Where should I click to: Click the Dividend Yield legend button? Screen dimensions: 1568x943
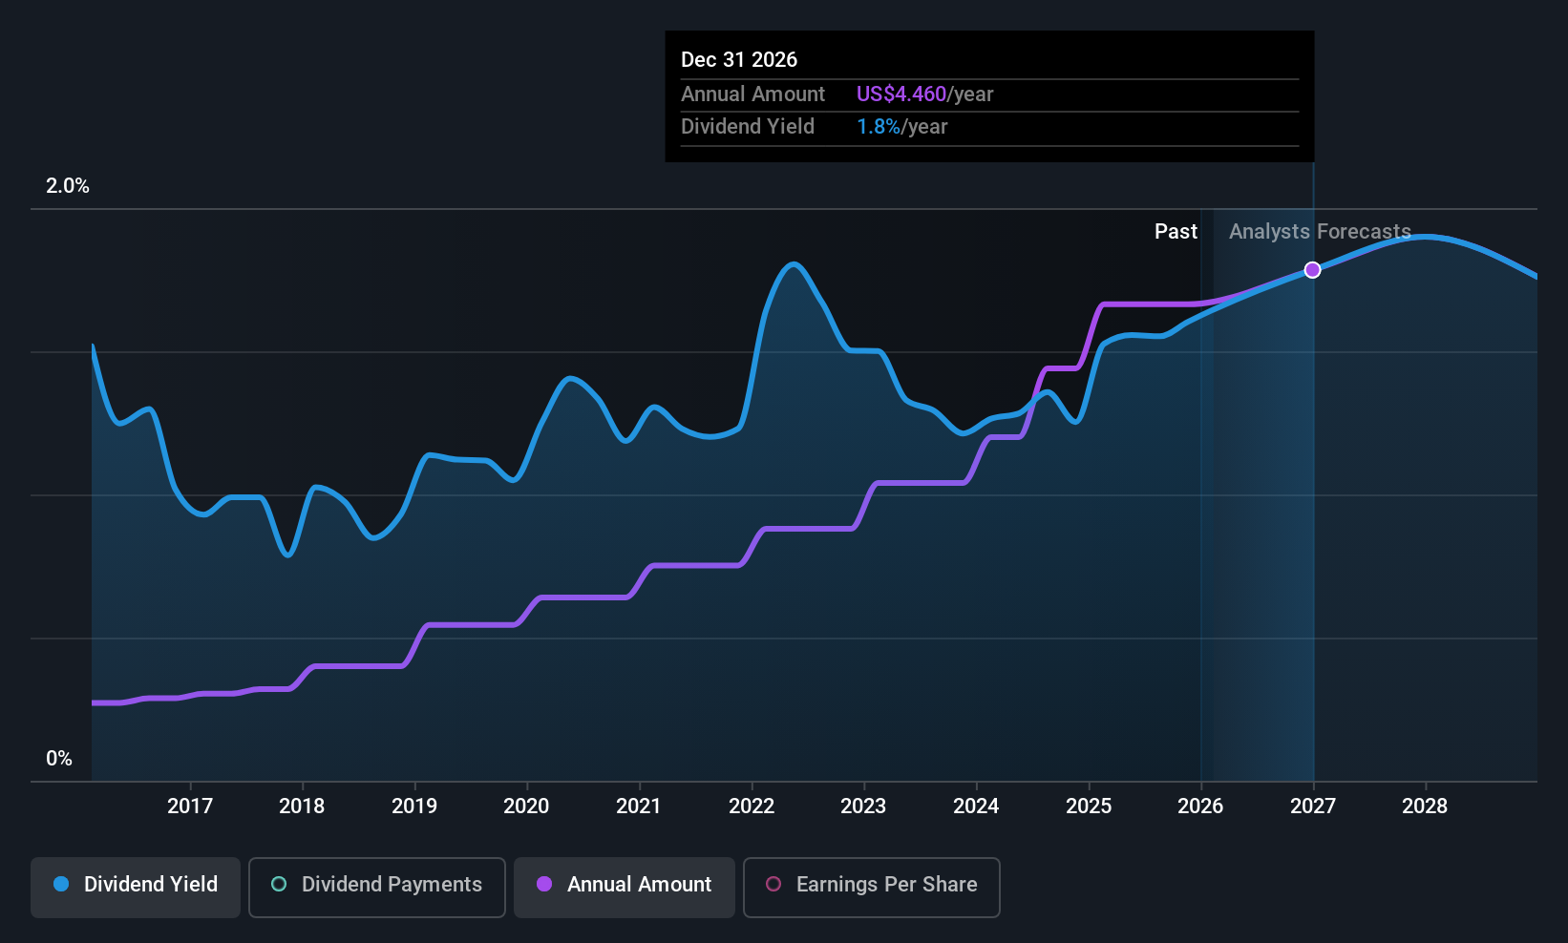point(135,887)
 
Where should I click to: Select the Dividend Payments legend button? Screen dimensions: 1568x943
point(376,887)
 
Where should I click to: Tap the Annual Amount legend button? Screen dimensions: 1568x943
point(625,887)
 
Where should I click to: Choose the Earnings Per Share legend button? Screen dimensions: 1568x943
point(872,887)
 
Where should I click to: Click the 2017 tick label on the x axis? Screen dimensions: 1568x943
point(190,806)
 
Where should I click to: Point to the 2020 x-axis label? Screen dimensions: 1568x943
point(526,806)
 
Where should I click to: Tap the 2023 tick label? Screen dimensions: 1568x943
point(863,806)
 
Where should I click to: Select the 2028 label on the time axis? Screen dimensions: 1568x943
point(1425,806)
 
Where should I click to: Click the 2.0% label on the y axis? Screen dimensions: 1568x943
point(67,186)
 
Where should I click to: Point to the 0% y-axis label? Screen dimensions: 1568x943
point(59,759)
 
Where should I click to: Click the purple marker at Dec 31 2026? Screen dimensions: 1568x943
point(1312,270)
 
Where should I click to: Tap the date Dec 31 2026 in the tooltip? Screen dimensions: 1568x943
point(738,60)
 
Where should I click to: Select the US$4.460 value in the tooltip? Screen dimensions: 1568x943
point(901,94)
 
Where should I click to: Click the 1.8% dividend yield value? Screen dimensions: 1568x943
point(878,127)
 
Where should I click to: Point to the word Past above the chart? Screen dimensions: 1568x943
point(1176,232)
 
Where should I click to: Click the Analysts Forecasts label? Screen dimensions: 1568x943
point(1320,232)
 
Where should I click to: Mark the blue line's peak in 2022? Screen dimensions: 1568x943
point(794,263)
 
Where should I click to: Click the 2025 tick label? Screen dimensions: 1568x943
point(1089,806)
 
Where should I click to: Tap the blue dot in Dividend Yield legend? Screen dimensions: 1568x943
point(62,884)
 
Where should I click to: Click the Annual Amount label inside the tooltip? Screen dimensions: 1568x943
point(752,94)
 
